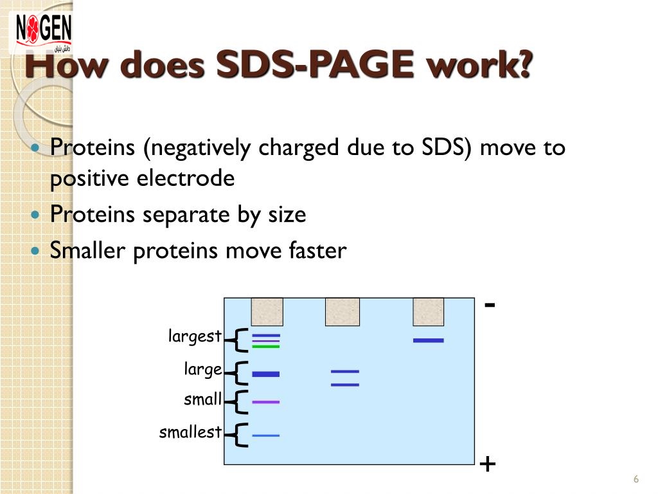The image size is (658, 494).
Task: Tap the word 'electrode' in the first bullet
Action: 186,179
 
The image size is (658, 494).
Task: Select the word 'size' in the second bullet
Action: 287,214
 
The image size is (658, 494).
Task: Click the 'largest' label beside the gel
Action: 195,336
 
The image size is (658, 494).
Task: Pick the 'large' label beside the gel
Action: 203,369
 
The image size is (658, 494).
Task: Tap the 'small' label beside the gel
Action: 202,399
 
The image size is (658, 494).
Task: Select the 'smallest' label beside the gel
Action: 190,432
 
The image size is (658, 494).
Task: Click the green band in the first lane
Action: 265,347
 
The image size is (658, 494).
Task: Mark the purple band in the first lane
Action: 265,402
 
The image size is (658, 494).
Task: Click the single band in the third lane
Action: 428,340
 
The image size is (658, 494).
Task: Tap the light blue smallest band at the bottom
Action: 265,435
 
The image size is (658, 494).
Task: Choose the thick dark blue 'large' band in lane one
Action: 265,374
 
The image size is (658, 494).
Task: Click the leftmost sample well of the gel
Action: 267,312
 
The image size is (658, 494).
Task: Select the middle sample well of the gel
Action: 342,312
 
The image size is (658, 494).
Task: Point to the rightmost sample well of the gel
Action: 429,312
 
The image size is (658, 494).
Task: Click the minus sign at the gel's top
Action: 490,304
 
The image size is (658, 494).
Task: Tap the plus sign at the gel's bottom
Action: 488,463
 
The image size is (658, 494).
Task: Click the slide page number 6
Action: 636,480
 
